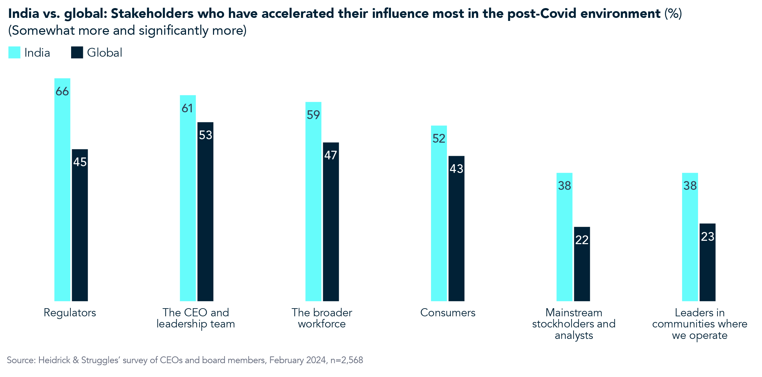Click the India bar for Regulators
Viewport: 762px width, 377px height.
(x=62, y=196)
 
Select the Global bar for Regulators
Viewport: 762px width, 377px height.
(x=80, y=229)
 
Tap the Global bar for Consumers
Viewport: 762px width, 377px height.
(x=456, y=233)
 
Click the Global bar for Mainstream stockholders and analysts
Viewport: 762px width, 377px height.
(x=582, y=266)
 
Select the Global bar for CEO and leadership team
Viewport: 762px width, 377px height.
(x=205, y=216)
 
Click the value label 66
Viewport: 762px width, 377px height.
(x=62, y=91)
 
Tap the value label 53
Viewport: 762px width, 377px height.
(x=205, y=135)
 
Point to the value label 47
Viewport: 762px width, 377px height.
(x=331, y=155)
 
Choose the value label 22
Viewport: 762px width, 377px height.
(x=582, y=240)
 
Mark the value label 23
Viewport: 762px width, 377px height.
(x=707, y=236)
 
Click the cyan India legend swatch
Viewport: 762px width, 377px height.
(x=14, y=53)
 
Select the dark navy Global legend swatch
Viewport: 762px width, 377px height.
(x=77, y=53)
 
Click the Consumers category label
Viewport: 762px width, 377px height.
(x=448, y=313)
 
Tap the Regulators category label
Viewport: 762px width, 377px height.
(x=70, y=313)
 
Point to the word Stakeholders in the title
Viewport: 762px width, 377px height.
(x=152, y=14)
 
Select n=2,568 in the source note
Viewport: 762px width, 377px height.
(x=346, y=360)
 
